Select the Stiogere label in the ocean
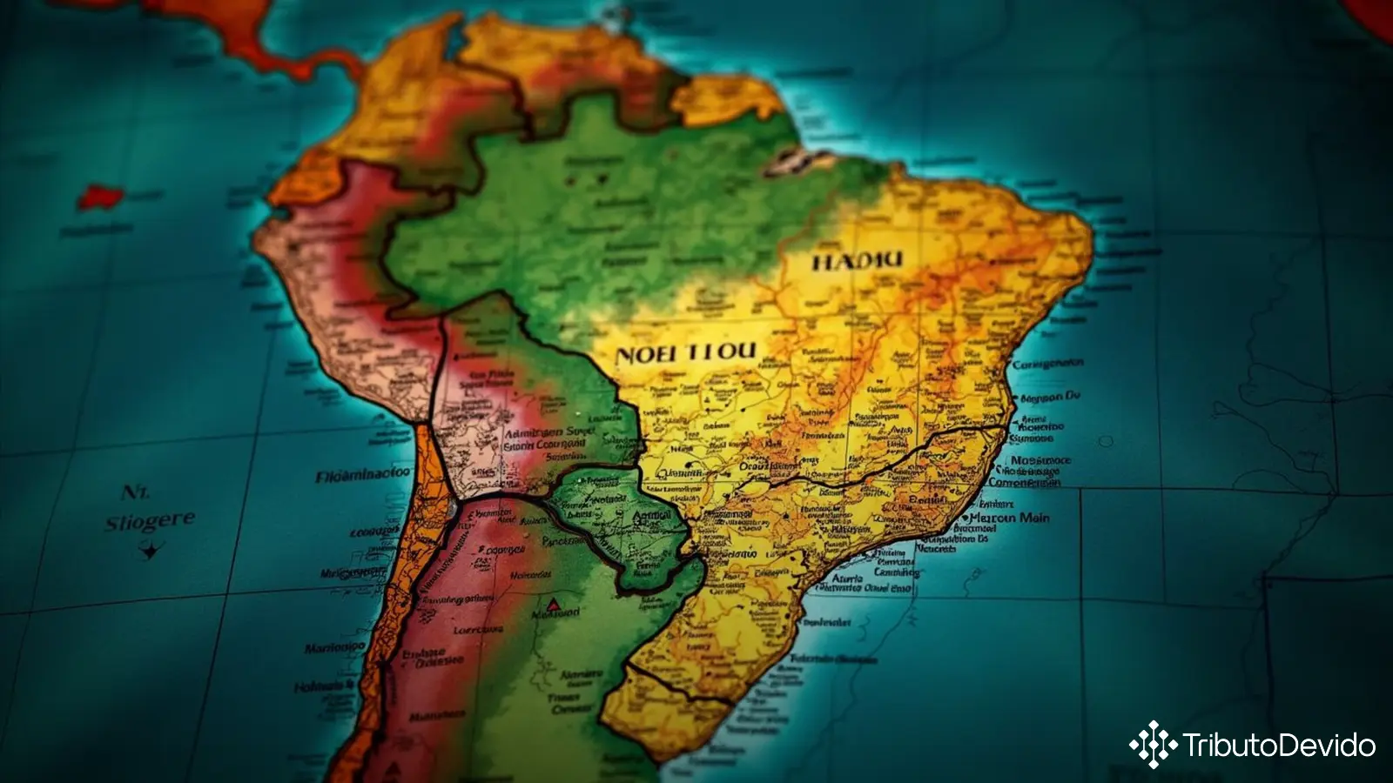pyautogui.click(x=150, y=522)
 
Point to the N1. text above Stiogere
pyautogui.click(x=135, y=492)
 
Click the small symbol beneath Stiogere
pyautogui.click(x=150, y=550)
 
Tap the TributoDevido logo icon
pyautogui.click(x=1153, y=745)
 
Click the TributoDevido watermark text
pyautogui.click(x=1278, y=746)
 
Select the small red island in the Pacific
pyautogui.click(x=98, y=196)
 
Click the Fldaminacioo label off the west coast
pyautogui.click(x=362, y=475)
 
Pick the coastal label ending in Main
pyautogui.click(x=1009, y=518)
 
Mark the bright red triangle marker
pyautogui.click(x=553, y=603)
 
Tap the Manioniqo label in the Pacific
pyautogui.click(x=334, y=648)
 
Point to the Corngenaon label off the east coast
pyautogui.click(x=1048, y=364)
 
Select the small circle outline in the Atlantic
pyautogui.click(x=1106, y=442)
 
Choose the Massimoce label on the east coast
pyautogui.click(x=1041, y=461)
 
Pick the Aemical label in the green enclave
pyautogui.click(x=651, y=516)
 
